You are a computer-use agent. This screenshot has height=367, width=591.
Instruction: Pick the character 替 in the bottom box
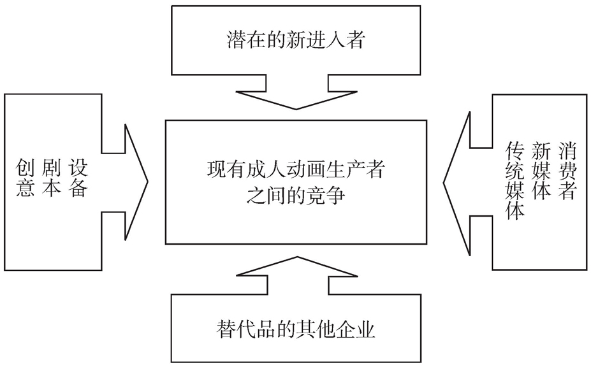pyautogui.click(x=226, y=331)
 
